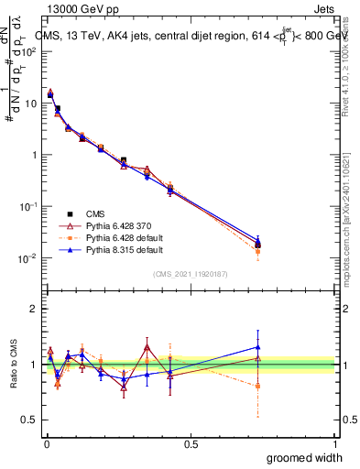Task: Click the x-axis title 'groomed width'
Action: (x=304, y=456)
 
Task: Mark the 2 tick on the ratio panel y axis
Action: (x=33, y=309)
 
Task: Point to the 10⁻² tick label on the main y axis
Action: (x=28, y=258)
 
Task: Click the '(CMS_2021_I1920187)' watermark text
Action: (x=191, y=274)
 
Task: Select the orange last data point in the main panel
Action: (x=257, y=251)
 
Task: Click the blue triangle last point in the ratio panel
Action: (x=257, y=347)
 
